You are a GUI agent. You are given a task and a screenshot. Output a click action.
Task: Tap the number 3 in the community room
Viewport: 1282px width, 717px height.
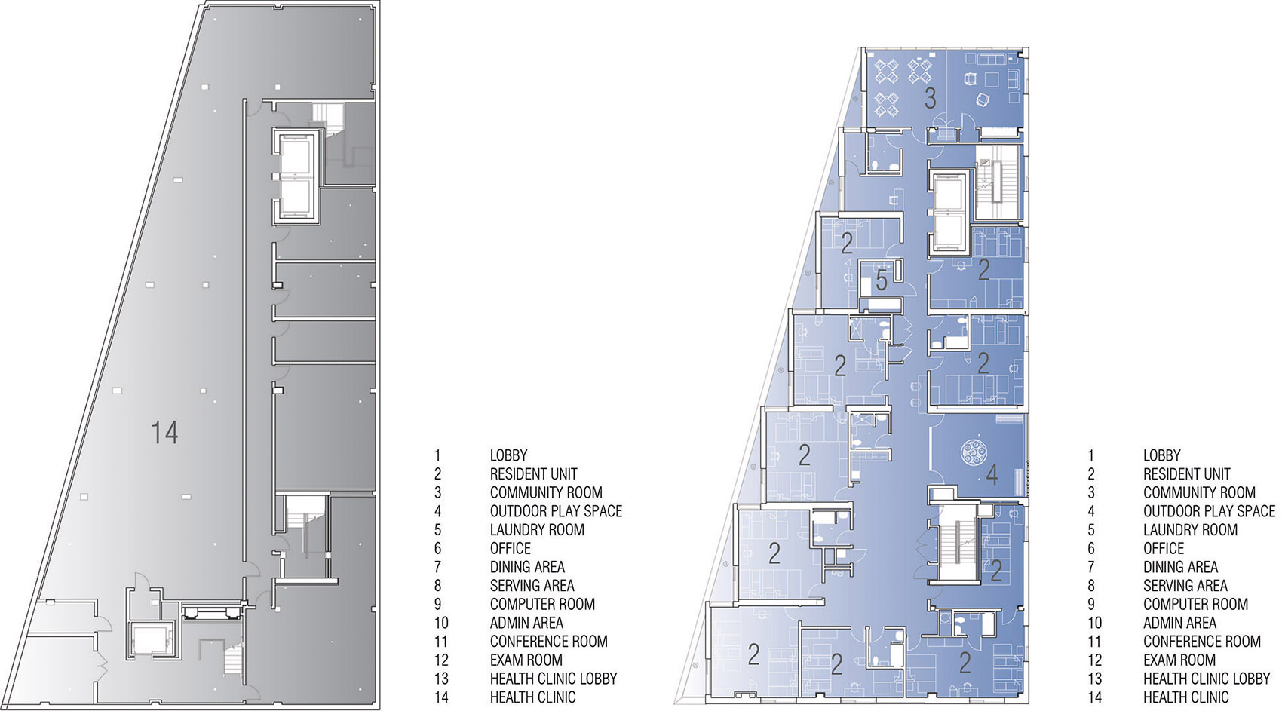[930, 99]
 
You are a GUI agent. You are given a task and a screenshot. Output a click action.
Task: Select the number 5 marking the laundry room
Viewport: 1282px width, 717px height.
[882, 280]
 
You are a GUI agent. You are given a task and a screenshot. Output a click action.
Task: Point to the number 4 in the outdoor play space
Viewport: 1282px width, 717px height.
[992, 474]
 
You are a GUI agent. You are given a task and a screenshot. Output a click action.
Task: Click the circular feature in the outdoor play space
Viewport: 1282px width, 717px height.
[974, 452]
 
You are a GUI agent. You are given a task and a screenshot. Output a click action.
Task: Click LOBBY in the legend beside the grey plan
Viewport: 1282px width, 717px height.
[508, 455]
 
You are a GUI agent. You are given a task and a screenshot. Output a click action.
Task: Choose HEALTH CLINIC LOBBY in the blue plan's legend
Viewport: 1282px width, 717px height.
[1207, 679]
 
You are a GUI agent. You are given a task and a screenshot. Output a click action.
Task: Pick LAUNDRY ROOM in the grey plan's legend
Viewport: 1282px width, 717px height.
[537, 530]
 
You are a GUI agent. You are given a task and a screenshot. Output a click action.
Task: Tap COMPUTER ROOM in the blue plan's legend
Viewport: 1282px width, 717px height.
[1195, 604]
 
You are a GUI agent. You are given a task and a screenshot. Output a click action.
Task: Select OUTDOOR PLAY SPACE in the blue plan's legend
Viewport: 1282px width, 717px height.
[1209, 511]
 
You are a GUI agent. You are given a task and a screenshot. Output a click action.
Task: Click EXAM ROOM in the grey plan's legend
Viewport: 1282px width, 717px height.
[526, 660]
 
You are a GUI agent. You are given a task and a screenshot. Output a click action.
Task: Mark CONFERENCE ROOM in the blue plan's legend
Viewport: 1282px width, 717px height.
[1202, 642]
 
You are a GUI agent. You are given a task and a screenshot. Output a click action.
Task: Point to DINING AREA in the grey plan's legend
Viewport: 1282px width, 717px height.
[527, 567]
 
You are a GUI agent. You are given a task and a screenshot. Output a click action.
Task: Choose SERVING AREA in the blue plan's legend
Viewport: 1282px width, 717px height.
[1185, 585]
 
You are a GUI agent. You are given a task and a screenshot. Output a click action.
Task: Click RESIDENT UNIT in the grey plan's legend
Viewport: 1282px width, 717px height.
[533, 473]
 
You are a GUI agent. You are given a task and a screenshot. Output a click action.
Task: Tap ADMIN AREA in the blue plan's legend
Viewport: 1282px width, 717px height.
[1179, 623]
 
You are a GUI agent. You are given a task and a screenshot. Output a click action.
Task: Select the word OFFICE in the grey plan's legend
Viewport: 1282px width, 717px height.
[510, 548]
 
